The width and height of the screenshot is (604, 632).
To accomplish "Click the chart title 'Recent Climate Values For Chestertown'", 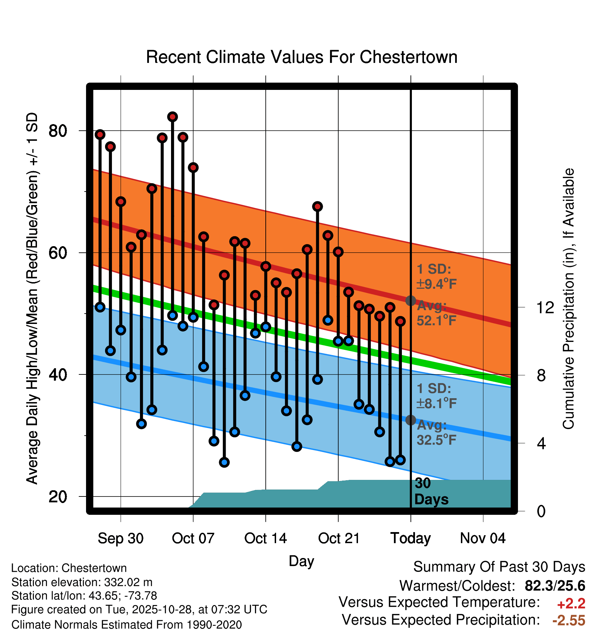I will (302, 57).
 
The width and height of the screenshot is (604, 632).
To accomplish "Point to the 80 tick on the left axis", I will (58, 131).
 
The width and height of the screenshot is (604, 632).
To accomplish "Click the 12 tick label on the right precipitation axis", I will (545, 307).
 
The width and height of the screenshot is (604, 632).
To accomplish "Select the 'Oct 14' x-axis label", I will (265, 538).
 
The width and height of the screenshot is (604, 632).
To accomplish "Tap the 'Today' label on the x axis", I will (410, 538).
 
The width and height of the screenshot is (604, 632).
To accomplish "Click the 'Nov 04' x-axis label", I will (483, 538).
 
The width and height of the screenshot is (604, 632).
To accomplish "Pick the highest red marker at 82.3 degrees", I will (172, 117).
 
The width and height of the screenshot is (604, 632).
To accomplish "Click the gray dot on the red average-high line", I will (410, 300).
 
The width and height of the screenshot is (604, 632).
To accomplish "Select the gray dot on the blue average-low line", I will (410, 420).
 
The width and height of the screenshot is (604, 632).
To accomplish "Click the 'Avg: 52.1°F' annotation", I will (436, 314).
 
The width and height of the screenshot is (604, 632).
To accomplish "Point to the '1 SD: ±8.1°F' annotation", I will (436, 396).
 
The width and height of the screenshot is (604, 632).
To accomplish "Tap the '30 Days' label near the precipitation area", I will (431, 492).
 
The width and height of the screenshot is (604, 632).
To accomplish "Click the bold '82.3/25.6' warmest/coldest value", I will (555, 586).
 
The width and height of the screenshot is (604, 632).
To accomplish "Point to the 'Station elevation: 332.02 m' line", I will (82, 582).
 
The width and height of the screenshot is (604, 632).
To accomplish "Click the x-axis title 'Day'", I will (301, 561).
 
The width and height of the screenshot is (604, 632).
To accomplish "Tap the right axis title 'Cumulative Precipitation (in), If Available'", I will (568, 299).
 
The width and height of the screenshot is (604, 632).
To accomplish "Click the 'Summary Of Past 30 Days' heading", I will (499, 567).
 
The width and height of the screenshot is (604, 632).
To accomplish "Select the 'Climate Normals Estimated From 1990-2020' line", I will (126, 625).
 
